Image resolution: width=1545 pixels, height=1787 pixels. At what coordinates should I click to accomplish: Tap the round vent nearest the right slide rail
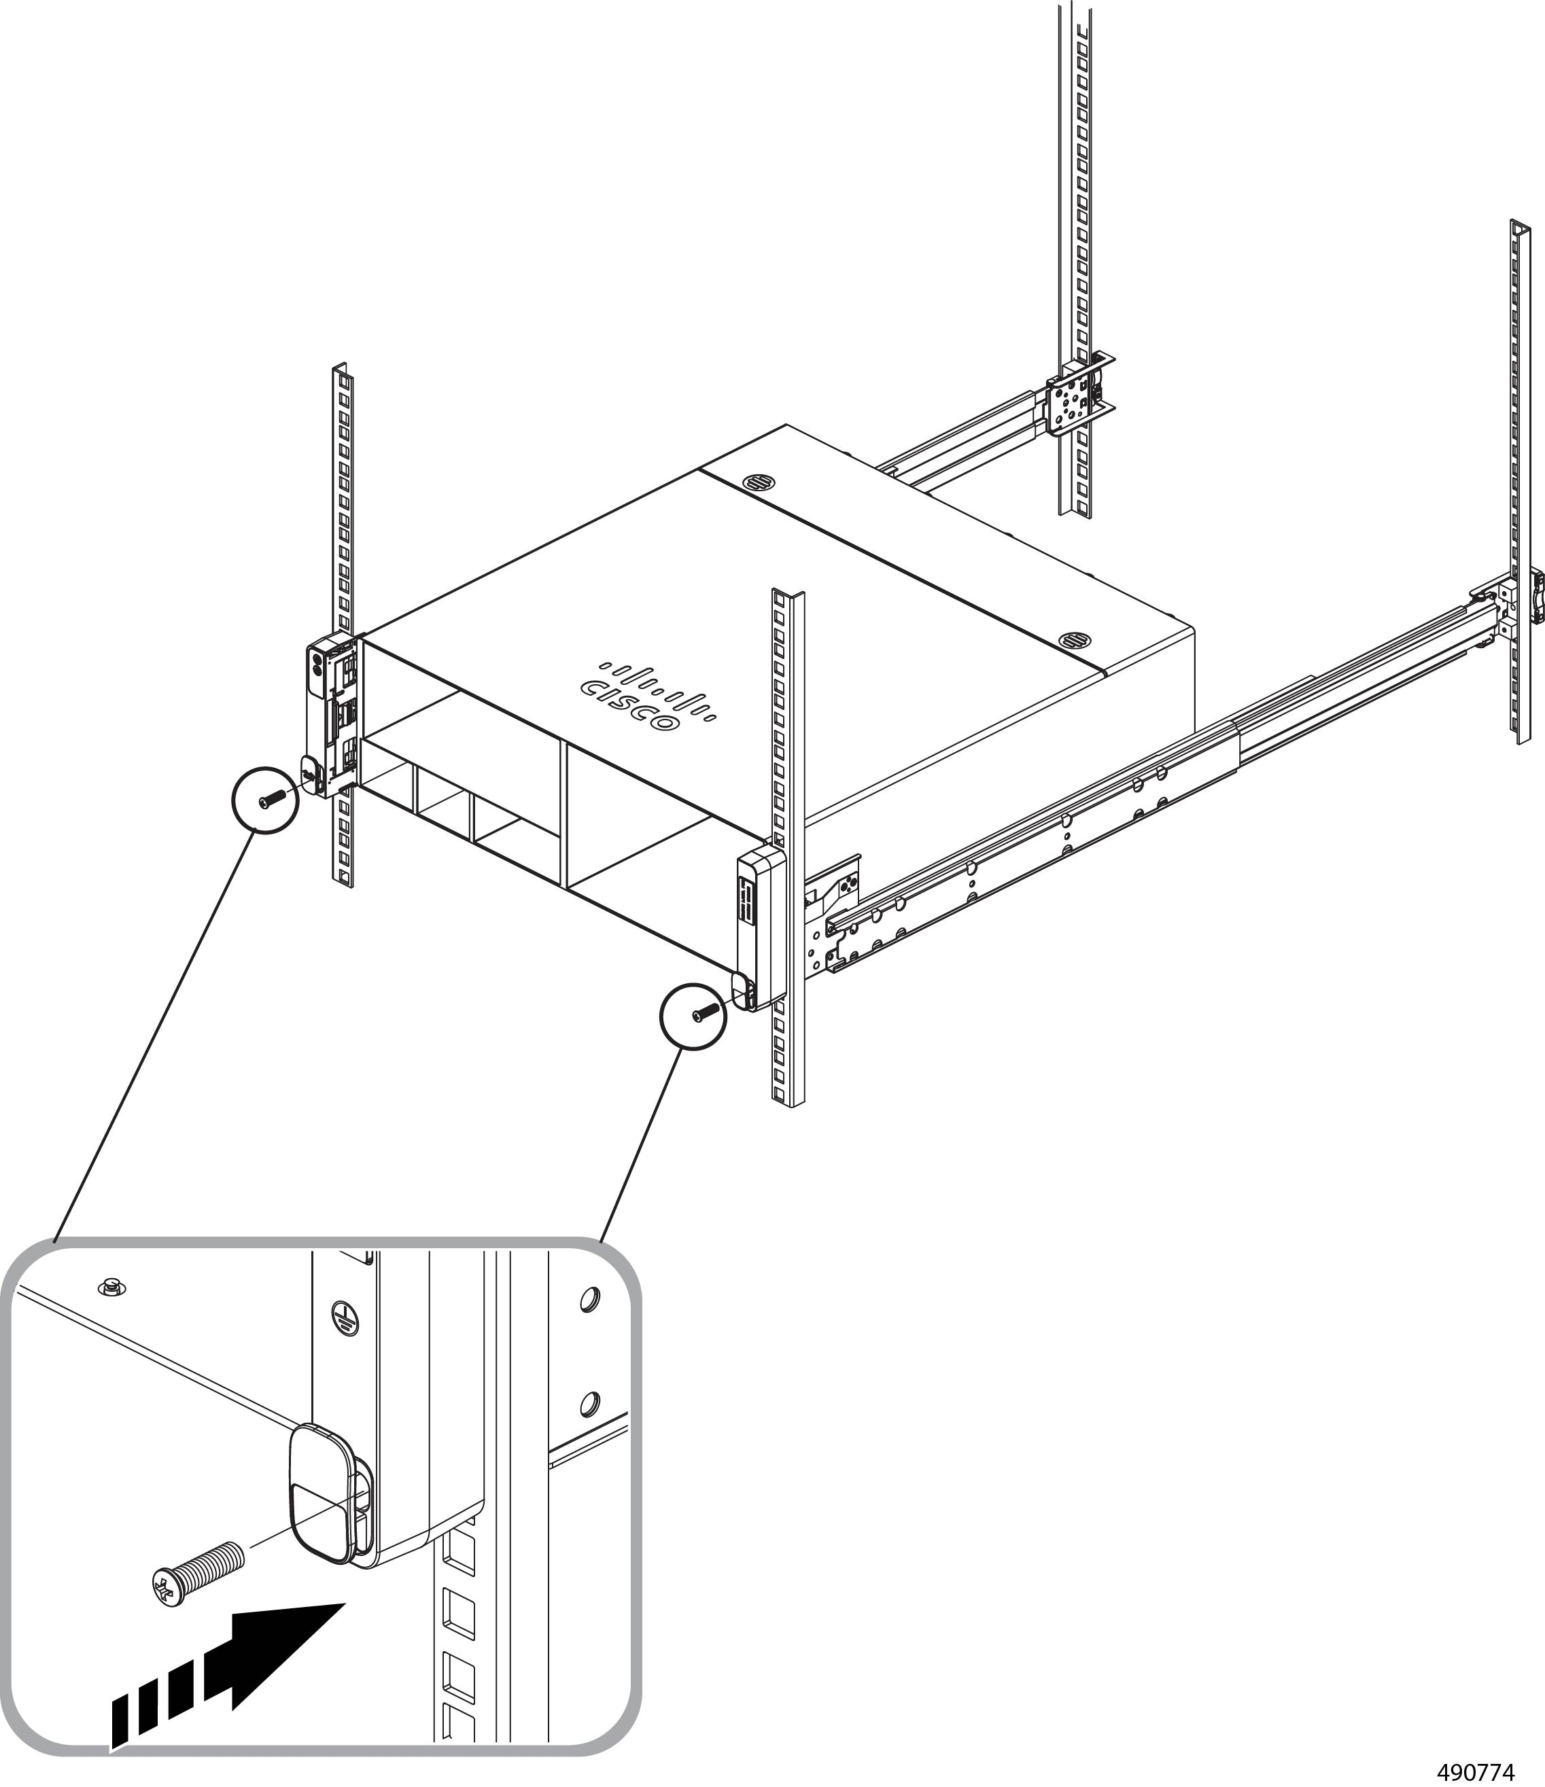click(x=1073, y=640)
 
